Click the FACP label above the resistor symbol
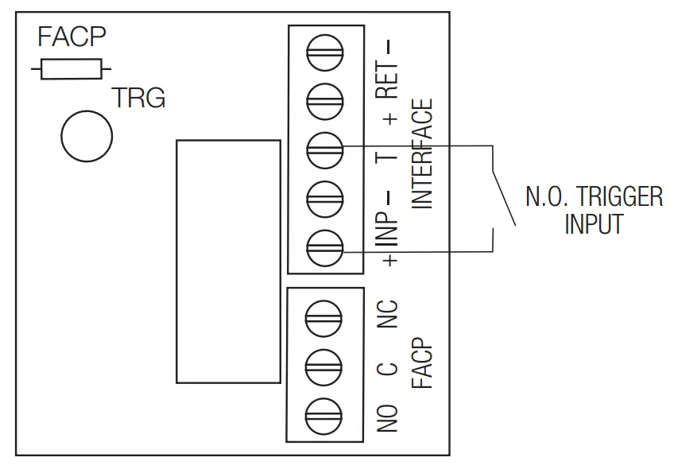click(72, 37)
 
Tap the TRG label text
click(138, 99)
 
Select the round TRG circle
click(87, 135)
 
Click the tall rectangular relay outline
click(228, 262)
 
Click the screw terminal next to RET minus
click(324, 55)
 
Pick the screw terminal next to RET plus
click(324, 102)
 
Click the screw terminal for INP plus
click(324, 246)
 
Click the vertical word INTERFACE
click(424, 154)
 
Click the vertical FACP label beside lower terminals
click(424, 364)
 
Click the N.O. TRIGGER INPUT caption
click(593, 210)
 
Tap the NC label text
click(387, 316)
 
